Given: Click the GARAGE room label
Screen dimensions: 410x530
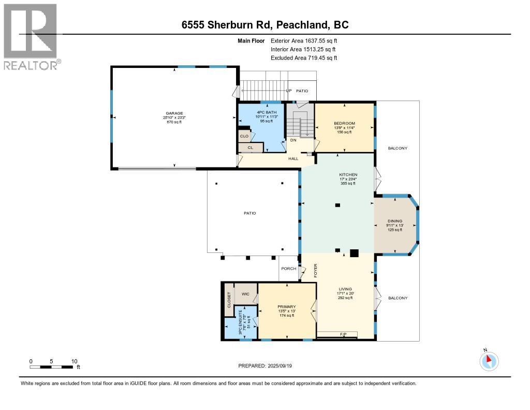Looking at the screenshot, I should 174,113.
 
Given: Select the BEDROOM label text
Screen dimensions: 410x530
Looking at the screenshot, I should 344,123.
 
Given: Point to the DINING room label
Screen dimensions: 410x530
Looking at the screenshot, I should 395,221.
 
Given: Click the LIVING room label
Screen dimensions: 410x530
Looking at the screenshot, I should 345,289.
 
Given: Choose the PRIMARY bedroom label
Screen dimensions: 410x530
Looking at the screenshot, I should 286,306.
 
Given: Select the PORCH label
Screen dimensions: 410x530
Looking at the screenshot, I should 288,268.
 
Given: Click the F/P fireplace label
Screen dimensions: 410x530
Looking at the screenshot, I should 343,334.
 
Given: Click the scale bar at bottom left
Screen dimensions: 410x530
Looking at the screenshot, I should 52,367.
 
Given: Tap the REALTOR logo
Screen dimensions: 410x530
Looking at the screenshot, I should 31,36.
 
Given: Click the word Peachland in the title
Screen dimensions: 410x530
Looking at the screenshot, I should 303,24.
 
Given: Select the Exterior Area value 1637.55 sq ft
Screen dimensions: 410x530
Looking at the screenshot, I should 316,40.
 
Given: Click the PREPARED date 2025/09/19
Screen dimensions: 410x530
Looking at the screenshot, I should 281,366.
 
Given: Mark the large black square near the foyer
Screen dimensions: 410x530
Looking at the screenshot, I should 354,253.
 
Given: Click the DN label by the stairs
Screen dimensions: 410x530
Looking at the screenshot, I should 293,140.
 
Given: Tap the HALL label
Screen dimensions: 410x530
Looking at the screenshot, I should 293,159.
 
